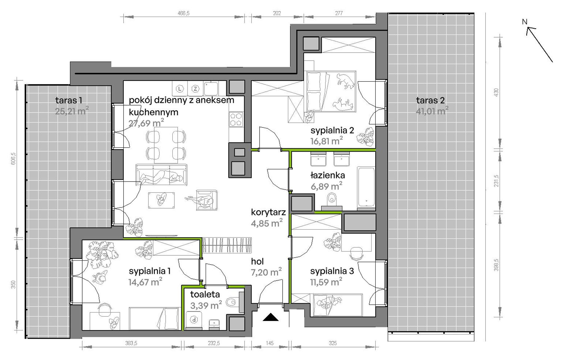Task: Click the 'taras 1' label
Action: pyautogui.click(x=69, y=100)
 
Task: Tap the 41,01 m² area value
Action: pyautogui.click(x=432, y=110)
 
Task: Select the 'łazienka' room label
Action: pyautogui.click(x=328, y=175)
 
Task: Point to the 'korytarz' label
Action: pyautogui.click(x=268, y=212)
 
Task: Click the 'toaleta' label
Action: pyautogui.click(x=205, y=294)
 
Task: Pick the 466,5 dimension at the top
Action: pyautogui.click(x=184, y=13)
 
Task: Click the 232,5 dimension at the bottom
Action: pyautogui.click(x=214, y=343)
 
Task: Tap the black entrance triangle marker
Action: pyautogui.click(x=271, y=317)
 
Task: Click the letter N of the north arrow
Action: pyautogui.click(x=525, y=22)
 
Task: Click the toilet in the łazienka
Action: pyautogui.click(x=332, y=199)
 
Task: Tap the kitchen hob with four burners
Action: pyautogui.click(x=236, y=120)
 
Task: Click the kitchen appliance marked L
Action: pyautogui.click(x=180, y=89)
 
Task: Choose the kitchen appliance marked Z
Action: pyautogui.click(x=195, y=89)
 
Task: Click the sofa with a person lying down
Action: pyautogui.click(x=161, y=174)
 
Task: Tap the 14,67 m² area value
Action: pyautogui.click(x=145, y=282)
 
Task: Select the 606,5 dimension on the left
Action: pyautogui.click(x=13, y=159)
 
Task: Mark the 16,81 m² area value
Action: pyautogui.click(x=327, y=141)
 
